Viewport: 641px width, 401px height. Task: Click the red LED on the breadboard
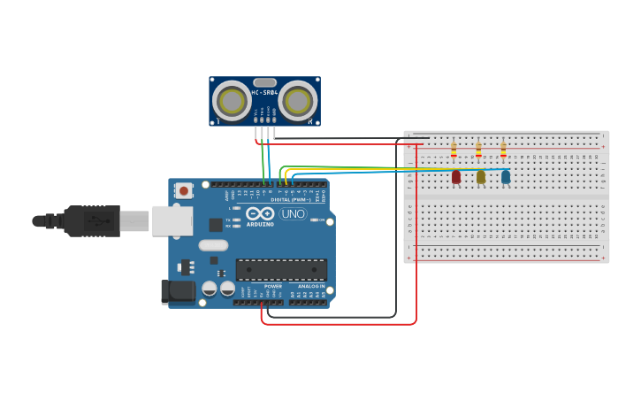coord(456,177)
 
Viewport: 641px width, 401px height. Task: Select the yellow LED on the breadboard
coord(481,177)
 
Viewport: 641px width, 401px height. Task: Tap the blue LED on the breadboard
coord(506,177)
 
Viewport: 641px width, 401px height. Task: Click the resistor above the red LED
coord(454,150)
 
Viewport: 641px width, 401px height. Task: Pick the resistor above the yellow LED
coord(478,150)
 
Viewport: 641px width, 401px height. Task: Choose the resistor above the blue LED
coord(503,150)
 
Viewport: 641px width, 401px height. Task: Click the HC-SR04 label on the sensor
coord(264,92)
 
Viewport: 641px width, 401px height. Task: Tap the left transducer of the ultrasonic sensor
coord(232,101)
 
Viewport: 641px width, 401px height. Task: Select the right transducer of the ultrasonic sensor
coord(298,101)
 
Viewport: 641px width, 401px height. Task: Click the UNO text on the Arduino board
coord(293,214)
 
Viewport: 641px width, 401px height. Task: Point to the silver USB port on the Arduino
coord(172,220)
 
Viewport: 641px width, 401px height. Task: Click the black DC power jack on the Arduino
coord(177,292)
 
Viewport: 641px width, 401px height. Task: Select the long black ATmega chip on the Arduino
coord(281,269)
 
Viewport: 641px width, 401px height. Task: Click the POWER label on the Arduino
coord(273,287)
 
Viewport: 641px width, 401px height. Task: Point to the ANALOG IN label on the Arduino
coord(310,287)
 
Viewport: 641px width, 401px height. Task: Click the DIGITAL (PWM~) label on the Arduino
coord(290,199)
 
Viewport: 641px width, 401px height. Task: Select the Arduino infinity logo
coord(262,214)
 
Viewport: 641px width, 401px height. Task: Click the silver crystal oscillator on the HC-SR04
coord(264,82)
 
